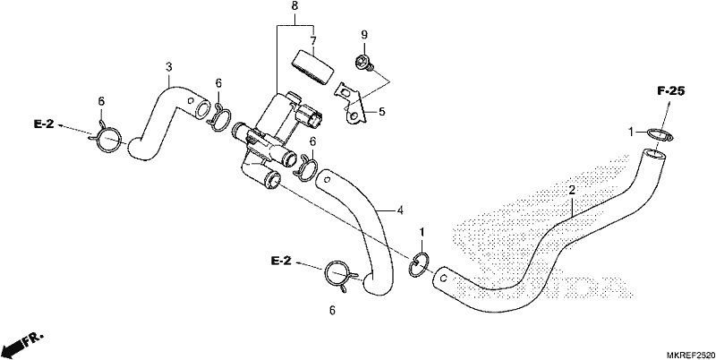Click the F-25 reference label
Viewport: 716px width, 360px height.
point(670,91)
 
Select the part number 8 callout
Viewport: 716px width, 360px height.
point(294,6)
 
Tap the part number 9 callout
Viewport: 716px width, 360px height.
point(364,35)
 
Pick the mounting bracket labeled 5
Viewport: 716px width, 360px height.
point(351,102)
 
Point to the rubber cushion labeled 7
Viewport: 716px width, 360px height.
point(312,66)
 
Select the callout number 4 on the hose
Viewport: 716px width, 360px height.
point(400,210)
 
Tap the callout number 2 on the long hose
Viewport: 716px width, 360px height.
point(571,190)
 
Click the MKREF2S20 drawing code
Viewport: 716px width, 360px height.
point(690,355)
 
